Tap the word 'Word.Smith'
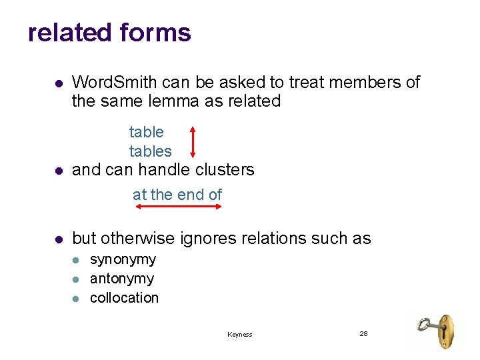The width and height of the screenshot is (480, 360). (111, 82)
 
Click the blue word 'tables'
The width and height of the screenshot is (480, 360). (150, 151)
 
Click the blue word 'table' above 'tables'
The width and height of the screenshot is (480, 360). (146, 132)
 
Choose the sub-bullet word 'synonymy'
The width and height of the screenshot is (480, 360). (123, 259)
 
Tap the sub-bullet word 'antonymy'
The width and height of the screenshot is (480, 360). (121, 279)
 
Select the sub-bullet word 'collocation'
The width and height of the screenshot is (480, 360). (124, 298)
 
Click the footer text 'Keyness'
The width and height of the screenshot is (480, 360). (239, 335)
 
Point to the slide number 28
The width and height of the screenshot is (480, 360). (363, 333)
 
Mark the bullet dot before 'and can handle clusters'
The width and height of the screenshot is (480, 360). (58, 171)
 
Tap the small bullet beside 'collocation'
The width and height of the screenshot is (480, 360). (76, 299)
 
